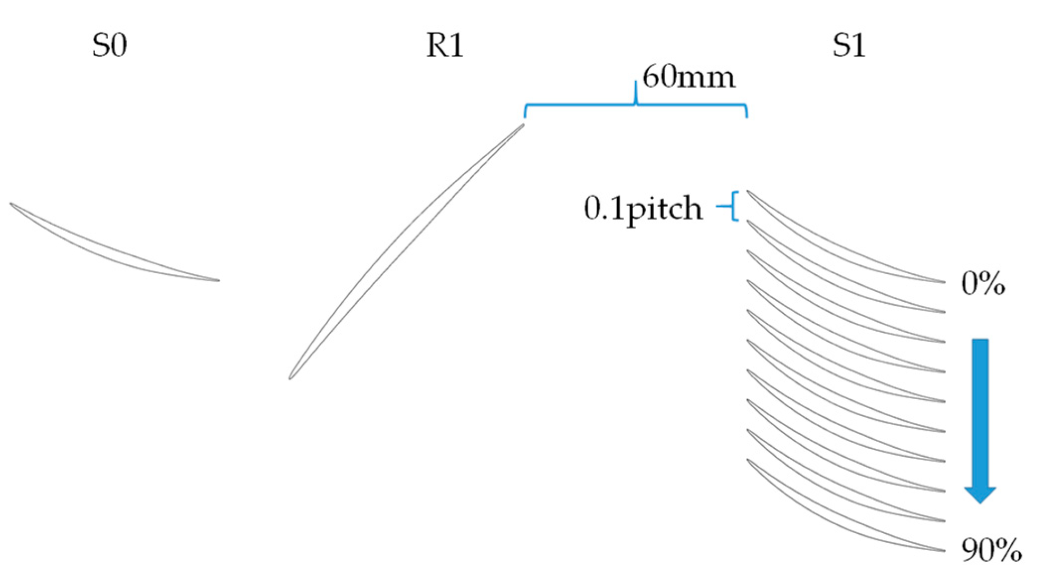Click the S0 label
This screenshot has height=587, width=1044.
[109, 45]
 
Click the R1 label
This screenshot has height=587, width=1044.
[445, 45]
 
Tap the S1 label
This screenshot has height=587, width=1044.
[849, 45]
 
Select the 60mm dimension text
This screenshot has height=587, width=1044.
[688, 77]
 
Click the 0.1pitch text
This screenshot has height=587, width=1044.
[643, 208]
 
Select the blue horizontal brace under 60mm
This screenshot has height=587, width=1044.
[636, 105]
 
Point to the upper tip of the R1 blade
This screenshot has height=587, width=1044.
[523, 125]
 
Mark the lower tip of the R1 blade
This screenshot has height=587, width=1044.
[290, 378]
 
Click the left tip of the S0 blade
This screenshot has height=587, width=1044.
[11, 204]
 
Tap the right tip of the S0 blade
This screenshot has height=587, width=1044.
[218, 280]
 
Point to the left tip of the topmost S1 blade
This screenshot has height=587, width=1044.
[748, 191]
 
